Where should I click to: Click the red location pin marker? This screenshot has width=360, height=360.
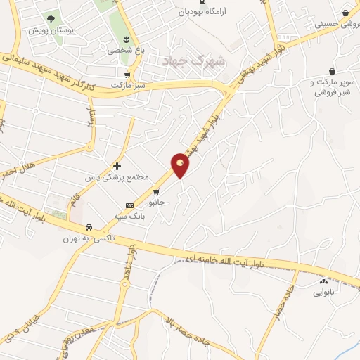181,165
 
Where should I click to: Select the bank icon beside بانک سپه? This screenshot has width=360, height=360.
129,205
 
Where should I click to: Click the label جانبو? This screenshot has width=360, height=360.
155,202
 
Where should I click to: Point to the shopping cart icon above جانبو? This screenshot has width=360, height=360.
156,191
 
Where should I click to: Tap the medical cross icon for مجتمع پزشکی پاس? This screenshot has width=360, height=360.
117,166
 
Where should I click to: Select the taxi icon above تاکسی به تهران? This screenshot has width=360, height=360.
89,228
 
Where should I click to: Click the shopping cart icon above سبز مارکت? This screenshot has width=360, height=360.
127,76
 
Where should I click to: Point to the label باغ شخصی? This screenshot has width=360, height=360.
124,51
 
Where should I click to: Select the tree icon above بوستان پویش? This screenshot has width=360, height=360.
50,19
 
